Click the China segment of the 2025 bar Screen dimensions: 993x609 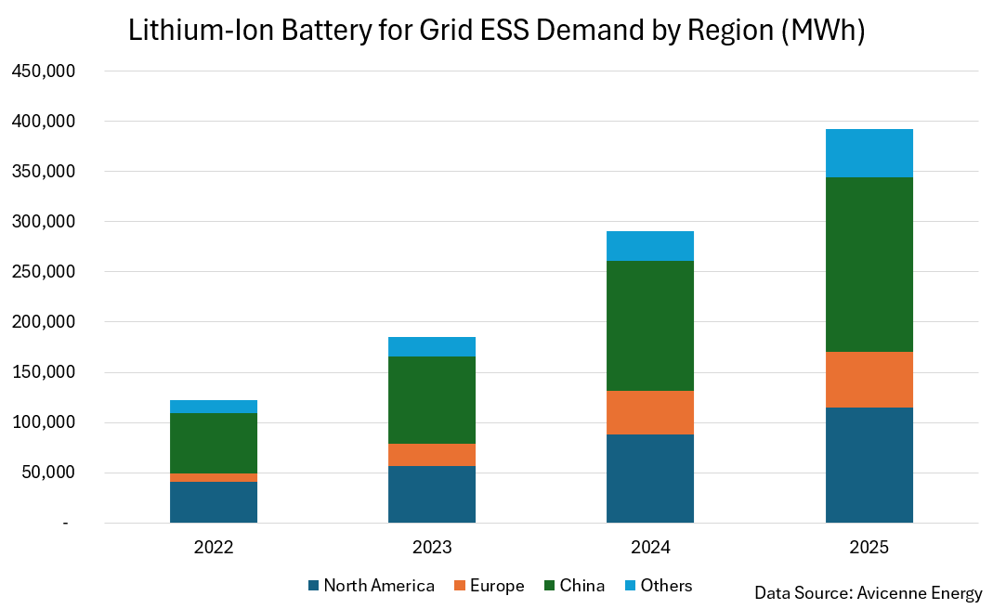point(869,265)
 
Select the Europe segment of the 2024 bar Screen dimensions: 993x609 point(649,413)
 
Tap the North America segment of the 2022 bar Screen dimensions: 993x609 point(214,502)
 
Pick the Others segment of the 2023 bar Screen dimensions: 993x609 point(432,347)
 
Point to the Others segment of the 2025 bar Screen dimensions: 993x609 point(869,153)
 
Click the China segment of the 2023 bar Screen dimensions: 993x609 point(432,400)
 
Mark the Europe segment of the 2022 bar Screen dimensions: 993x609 point(214,478)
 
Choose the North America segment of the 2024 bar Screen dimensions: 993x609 point(649,479)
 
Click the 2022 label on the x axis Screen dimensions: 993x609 point(214,547)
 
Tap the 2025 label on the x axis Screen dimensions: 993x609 point(869,547)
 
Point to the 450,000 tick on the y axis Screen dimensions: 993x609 point(44,71)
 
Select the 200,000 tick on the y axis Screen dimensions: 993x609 point(44,322)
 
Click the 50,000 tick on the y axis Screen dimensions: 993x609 point(48,473)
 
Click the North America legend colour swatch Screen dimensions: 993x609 point(313,586)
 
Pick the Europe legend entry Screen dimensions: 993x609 point(489,586)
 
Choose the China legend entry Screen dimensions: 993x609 point(574,586)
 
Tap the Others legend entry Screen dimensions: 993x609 point(658,586)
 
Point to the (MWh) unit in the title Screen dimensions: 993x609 point(823,31)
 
